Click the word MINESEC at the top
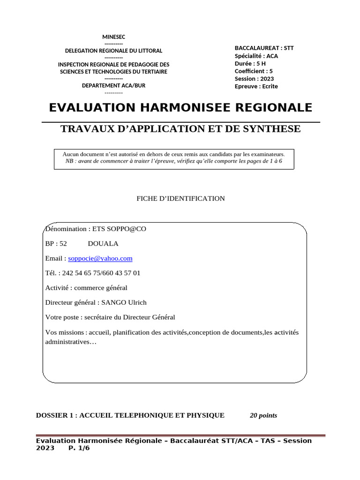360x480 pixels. click(x=114, y=37)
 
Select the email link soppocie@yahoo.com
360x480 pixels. click(x=100, y=258)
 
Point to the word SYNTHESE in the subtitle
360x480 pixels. click(x=272, y=129)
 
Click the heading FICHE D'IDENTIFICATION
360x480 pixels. click(x=180, y=199)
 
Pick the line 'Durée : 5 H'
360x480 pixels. click(x=250, y=63)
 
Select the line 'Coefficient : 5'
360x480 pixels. click(x=254, y=71)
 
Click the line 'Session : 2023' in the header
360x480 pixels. click(x=254, y=79)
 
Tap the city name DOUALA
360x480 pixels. click(x=103, y=244)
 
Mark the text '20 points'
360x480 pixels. click(x=263, y=415)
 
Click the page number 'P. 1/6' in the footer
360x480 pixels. click(x=79, y=448)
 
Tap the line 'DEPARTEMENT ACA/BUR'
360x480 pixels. click(x=114, y=85)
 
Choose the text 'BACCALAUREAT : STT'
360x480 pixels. click(x=264, y=48)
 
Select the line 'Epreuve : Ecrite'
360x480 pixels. click(x=256, y=86)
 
